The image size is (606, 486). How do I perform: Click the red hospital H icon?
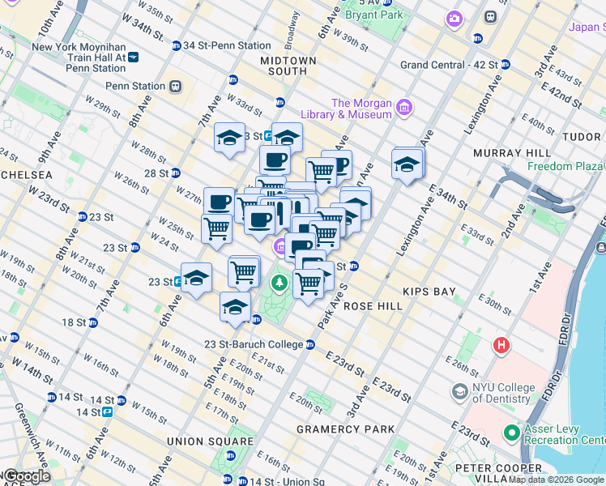502,346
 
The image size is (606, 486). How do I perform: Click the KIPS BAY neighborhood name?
429,291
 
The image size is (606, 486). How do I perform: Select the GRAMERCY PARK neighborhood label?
346,428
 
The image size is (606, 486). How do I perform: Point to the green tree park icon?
280,283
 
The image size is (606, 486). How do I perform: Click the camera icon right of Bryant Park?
454,17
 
